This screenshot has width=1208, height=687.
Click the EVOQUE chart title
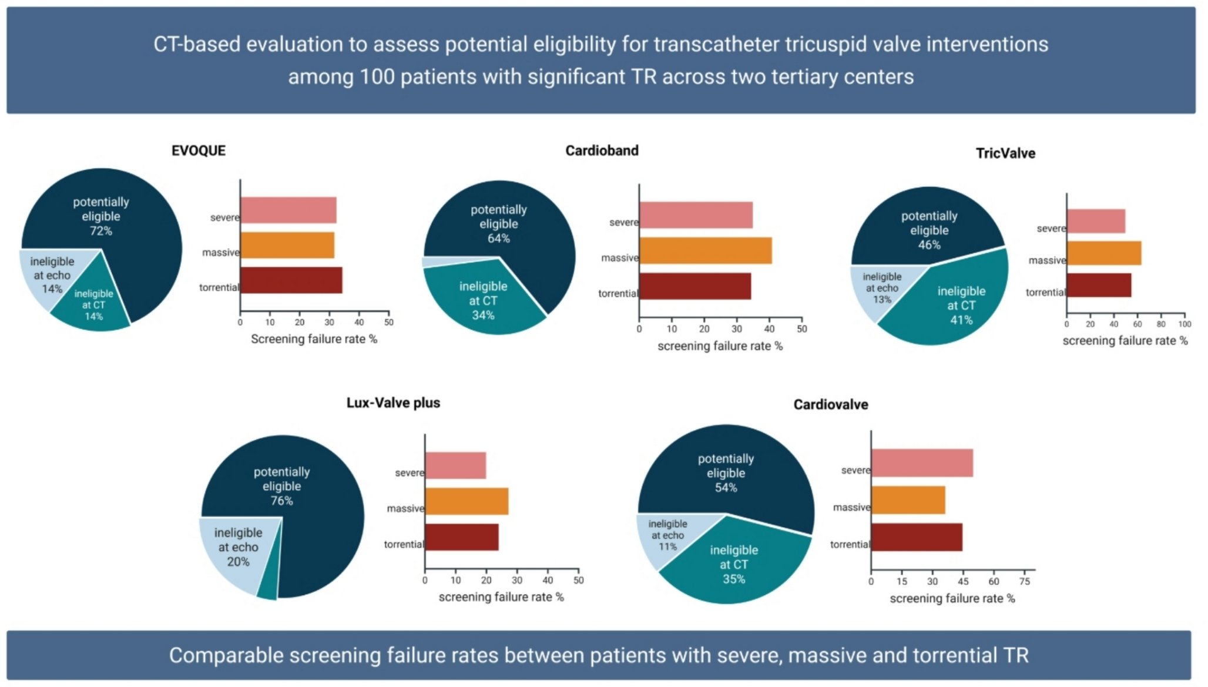[198, 150]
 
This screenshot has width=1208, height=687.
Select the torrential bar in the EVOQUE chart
[291, 280]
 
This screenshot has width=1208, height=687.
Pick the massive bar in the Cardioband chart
[705, 251]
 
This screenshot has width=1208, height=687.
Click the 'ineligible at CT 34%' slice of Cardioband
[483, 300]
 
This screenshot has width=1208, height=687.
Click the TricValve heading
[1005, 153]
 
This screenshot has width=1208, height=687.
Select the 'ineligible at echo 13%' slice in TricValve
[881, 287]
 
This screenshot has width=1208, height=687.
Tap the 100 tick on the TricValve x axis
[1184, 324]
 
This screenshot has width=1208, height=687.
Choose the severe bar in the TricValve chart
[1096, 222]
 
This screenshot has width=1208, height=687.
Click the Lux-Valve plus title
[392, 403]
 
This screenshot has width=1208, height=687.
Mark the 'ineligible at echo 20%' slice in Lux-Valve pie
[237, 547]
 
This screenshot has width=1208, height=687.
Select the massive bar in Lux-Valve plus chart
[467, 502]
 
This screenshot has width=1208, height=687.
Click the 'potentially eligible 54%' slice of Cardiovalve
[725, 472]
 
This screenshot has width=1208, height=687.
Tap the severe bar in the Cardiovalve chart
[921, 463]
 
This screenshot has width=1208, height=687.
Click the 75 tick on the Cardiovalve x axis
[1024, 582]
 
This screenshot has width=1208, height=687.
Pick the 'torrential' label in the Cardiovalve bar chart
[850, 545]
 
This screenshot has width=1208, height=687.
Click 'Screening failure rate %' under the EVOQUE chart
[314, 339]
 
